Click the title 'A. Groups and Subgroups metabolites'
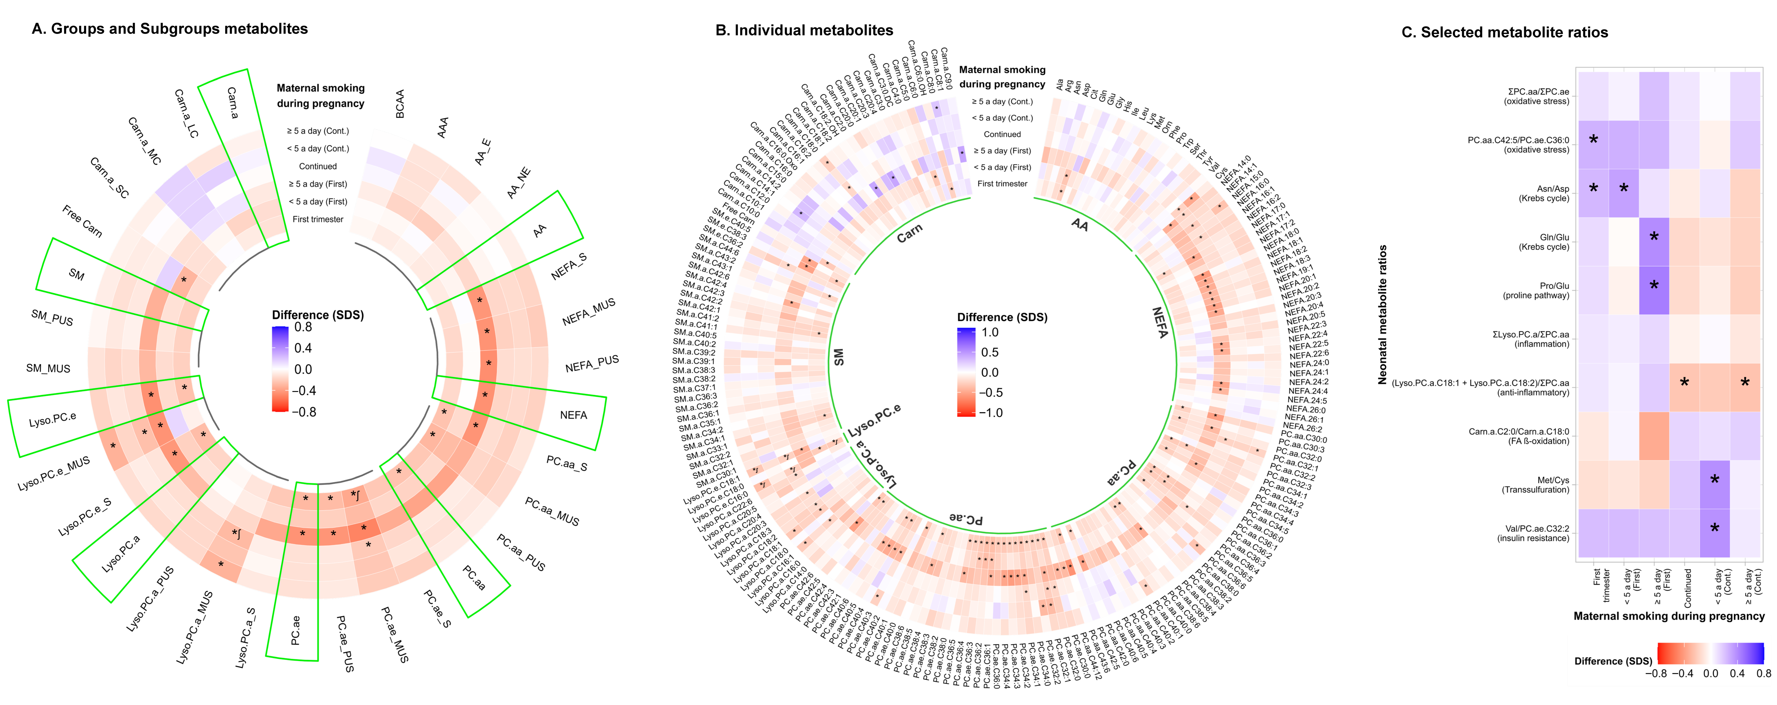(x=170, y=29)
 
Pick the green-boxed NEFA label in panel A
(x=573, y=415)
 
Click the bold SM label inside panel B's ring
(x=838, y=357)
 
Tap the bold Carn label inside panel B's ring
(x=909, y=234)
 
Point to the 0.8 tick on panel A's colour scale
(x=303, y=327)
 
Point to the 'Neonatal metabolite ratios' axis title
(x=1382, y=314)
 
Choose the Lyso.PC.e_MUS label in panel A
(x=54, y=474)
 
